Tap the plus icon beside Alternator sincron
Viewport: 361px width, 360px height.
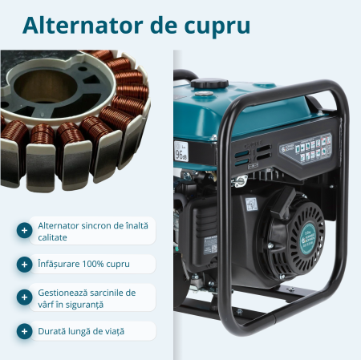point(25,231)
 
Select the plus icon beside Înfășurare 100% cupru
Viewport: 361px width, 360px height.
point(25,264)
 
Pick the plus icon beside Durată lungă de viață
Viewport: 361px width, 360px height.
point(25,330)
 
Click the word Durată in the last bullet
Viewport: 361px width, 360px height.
point(53,330)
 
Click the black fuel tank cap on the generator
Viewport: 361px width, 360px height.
point(208,83)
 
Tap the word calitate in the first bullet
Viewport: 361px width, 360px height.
point(53,237)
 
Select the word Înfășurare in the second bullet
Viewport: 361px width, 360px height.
point(60,264)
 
